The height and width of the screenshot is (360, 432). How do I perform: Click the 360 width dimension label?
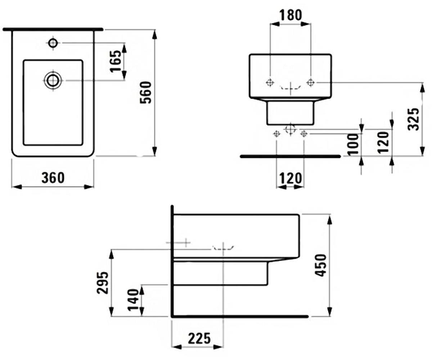53,177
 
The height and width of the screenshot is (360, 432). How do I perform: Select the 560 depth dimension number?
146,92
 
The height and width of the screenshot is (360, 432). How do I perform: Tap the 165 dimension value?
116,61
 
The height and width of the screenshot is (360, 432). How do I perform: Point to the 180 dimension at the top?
291,15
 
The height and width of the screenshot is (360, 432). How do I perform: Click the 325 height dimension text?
413,119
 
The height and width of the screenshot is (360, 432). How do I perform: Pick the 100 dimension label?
352,145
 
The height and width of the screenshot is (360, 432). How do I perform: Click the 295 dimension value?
103,283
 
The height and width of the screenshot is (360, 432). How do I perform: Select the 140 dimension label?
133,300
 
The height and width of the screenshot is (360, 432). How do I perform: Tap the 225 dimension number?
199,338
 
